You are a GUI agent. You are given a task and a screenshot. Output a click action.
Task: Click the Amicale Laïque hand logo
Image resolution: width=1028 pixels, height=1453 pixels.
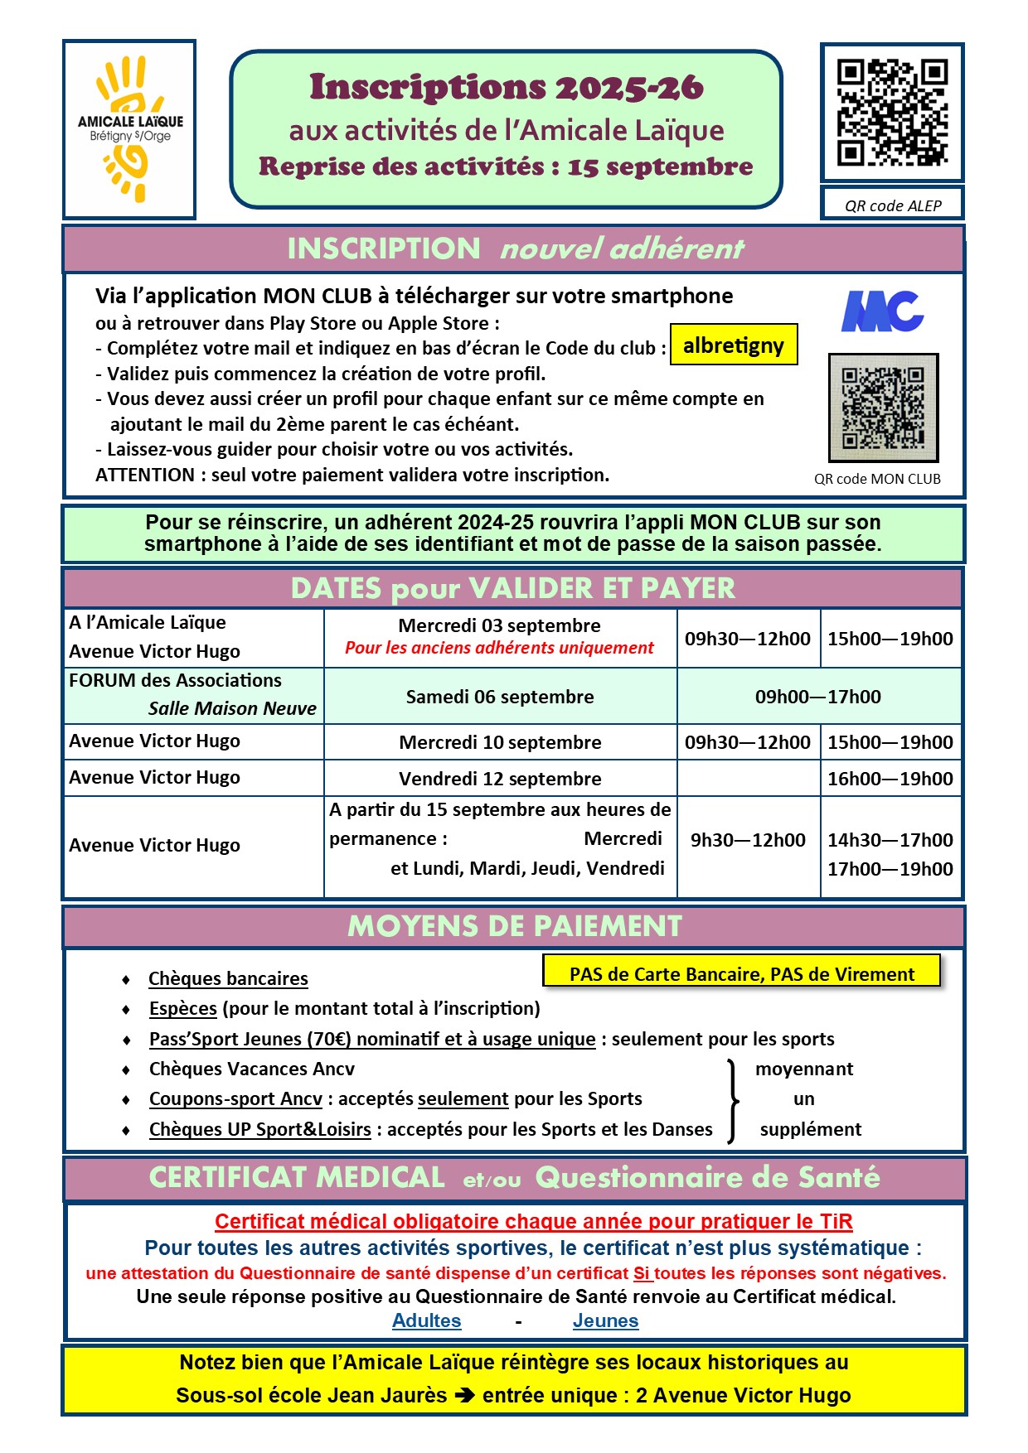pyautogui.click(x=129, y=129)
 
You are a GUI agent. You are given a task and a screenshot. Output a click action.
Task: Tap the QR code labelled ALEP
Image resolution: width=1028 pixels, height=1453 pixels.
pyautogui.click(x=892, y=113)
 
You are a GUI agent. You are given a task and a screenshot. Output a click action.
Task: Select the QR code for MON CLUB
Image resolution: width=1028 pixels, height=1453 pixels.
pyautogui.click(x=884, y=408)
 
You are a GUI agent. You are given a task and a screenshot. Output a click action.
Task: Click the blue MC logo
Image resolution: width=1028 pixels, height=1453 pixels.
pyautogui.click(x=882, y=311)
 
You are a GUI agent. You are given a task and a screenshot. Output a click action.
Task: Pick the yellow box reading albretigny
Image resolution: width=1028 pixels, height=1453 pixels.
pyautogui.click(x=734, y=345)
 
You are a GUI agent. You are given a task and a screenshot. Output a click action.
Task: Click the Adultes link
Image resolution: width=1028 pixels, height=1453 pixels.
pyautogui.click(x=426, y=1320)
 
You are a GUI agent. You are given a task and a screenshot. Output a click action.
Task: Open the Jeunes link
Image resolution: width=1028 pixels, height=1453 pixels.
pyautogui.click(x=605, y=1320)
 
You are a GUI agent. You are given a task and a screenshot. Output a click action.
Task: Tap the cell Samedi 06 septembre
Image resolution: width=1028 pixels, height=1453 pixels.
pyautogui.click(x=500, y=697)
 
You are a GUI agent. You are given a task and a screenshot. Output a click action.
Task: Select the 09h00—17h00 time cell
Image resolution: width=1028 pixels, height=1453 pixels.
pyautogui.click(x=817, y=697)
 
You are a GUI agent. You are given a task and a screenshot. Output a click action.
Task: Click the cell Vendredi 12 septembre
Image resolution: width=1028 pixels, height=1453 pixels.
pyautogui.click(x=500, y=779)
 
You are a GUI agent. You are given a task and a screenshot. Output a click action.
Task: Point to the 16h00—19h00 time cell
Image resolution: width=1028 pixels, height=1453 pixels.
pyautogui.click(x=890, y=779)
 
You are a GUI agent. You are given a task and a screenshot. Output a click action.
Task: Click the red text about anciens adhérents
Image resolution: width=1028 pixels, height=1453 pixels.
pyautogui.click(x=499, y=648)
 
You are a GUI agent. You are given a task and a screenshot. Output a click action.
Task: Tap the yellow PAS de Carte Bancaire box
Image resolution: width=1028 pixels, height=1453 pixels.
pyautogui.click(x=742, y=973)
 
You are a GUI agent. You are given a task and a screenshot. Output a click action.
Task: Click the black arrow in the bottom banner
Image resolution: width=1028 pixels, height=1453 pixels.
pyautogui.click(x=465, y=1395)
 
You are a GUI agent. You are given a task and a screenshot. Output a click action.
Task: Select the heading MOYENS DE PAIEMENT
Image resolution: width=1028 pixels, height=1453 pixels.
pyautogui.click(x=514, y=926)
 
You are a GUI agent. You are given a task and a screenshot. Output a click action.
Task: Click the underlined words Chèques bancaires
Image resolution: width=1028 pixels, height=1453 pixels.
pyautogui.click(x=228, y=978)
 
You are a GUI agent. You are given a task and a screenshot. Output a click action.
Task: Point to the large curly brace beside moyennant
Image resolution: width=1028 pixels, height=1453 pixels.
pyautogui.click(x=732, y=1100)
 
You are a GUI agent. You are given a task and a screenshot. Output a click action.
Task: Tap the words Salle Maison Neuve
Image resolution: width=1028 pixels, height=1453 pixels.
pyautogui.click(x=232, y=708)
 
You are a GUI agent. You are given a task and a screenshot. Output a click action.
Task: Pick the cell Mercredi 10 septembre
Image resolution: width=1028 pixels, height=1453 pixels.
pyautogui.click(x=500, y=742)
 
